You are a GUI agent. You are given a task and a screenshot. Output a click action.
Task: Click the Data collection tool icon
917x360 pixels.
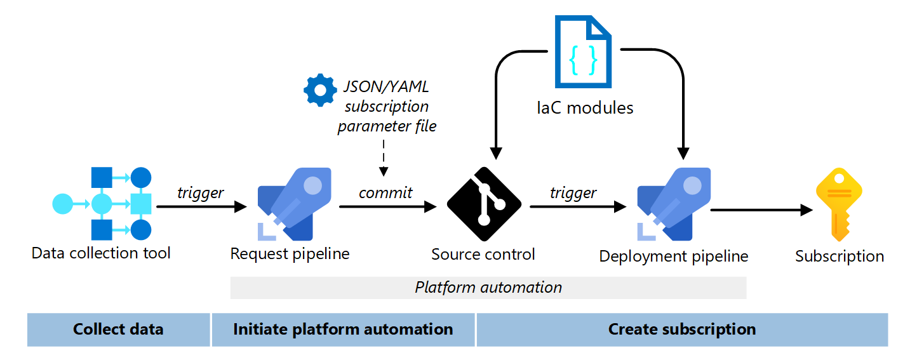tap(102, 204)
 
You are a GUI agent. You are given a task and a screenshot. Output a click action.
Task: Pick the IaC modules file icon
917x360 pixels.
tap(583, 52)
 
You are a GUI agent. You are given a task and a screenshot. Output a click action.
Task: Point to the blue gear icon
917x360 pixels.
tap(320, 90)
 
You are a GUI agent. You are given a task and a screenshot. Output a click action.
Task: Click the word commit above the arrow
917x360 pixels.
tap(385, 192)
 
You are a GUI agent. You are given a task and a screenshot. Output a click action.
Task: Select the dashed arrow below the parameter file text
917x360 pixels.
tap(384, 157)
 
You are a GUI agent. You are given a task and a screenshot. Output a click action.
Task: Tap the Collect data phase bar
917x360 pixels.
tap(118, 330)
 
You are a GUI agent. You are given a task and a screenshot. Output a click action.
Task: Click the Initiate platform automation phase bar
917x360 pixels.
tap(343, 330)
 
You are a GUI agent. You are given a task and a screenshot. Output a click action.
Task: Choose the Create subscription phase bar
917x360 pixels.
tap(682, 330)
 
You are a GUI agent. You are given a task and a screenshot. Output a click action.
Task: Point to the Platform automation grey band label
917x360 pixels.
tap(488, 288)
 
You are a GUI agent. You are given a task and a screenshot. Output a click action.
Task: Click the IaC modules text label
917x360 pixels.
tap(585, 108)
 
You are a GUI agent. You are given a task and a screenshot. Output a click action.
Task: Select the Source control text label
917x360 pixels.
tap(483, 255)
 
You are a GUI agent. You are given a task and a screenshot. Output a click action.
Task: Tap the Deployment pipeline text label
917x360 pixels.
tap(674, 257)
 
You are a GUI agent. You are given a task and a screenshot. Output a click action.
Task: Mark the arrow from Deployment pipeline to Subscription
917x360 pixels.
tap(761, 210)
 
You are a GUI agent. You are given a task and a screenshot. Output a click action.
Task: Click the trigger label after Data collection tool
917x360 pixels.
tap(201, 193)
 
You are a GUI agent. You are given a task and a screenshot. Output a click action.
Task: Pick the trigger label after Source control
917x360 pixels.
tap(573, 192)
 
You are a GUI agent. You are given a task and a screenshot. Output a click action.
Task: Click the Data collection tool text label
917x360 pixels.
tap(102, 253)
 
